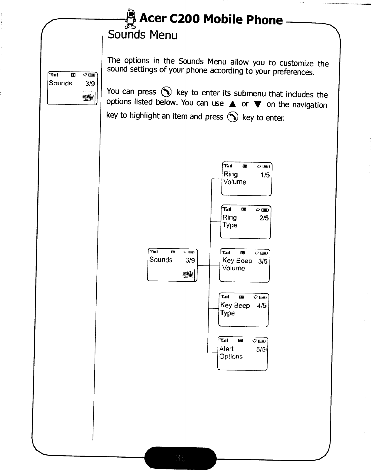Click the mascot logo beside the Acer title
tap(130, 19)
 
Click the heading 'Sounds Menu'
tap(143, 35)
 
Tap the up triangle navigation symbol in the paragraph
tap(233, 104)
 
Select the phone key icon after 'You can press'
tap(166, 92)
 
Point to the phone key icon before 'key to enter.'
tap(233, 117)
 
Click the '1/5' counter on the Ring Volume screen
tap(265, 175)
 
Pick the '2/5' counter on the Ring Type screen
tap(264, 218)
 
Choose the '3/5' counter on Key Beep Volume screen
tap(263, 261)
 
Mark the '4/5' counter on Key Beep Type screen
tap(261, 305)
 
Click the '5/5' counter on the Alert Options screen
tap(261, 350)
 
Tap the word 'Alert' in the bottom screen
tap(226, 349)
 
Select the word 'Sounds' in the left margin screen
tap(61, 83)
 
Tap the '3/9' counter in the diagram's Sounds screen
tap(190, 260)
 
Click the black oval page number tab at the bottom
tap(181, 458)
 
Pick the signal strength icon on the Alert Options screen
tap(224, 341)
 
